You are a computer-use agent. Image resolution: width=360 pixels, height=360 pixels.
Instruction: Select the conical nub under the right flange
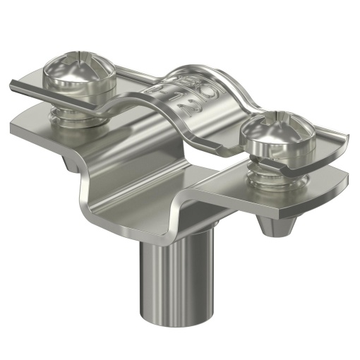[x=277, y=227]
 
